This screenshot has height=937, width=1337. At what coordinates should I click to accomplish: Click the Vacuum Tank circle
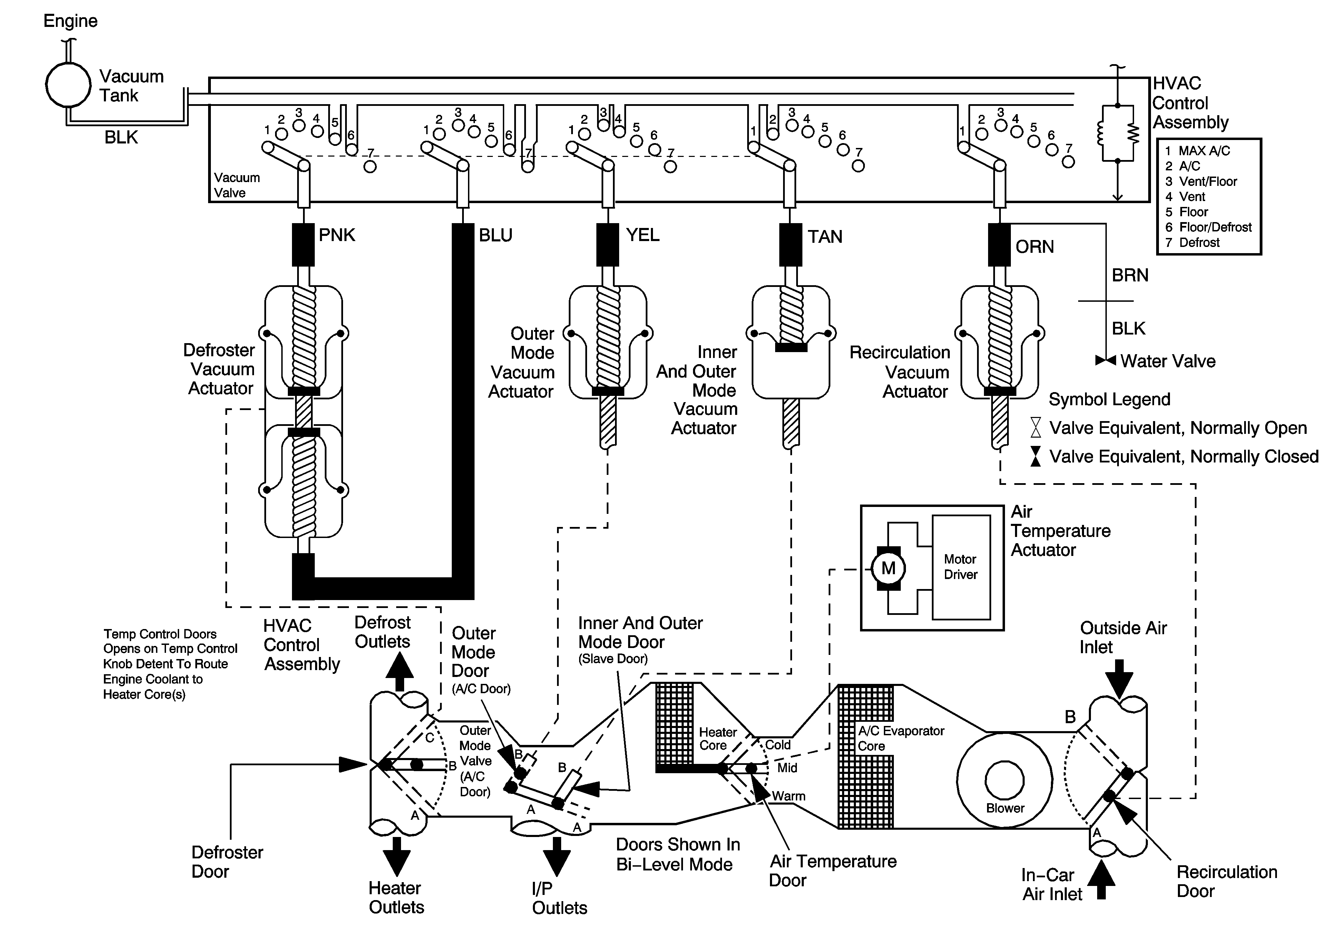click(x=69, y=84)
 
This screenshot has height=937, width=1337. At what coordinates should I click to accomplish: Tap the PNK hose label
click(x=336, y=235)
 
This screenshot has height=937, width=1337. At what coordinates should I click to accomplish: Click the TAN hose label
click(x=824, y=237)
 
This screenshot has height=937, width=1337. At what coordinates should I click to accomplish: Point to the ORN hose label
click(x=1034, y=247)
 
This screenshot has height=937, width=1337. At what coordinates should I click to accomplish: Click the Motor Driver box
click(x=961, y=567)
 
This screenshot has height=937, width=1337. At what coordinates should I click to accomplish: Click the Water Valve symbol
click(x=1105, y=361)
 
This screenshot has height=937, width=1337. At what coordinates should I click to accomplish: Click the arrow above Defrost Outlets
click(x=399, y=672)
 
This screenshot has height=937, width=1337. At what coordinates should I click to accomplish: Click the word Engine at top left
click(x=70, y=21)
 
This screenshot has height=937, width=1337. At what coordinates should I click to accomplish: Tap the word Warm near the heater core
click(x=789, y=796)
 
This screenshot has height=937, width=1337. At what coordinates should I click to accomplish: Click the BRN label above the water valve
click(x=1130, y=275)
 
